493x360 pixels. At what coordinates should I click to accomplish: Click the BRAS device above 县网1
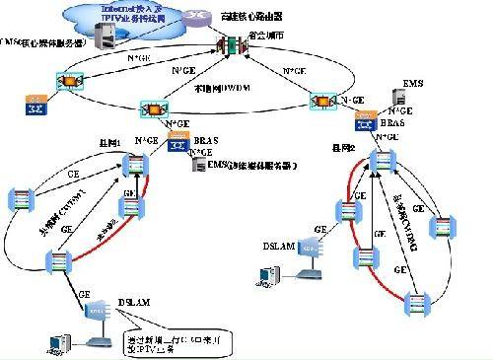click(x=178, y=146)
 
